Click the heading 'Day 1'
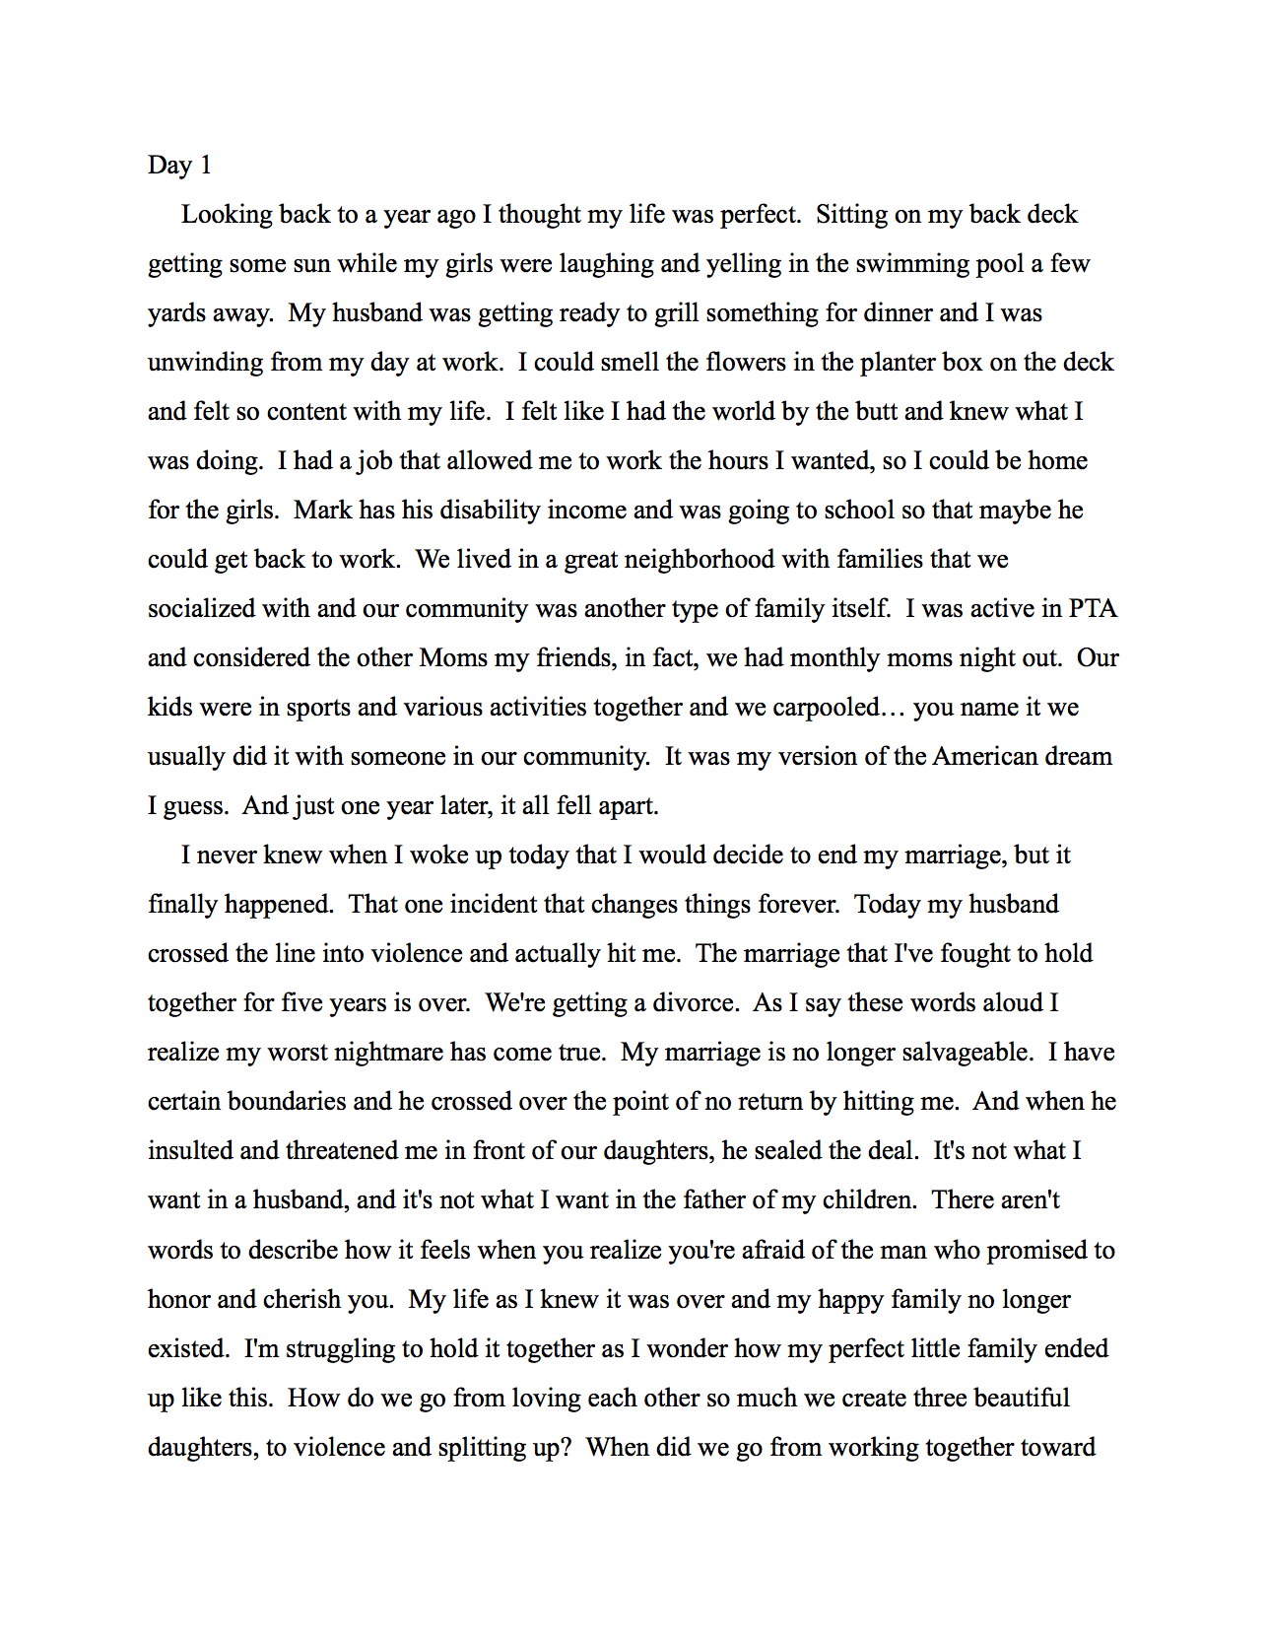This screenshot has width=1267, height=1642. click(179, 165)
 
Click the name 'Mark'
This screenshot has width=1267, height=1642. click(322, 511)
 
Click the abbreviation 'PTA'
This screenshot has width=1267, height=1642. click(1093, 609)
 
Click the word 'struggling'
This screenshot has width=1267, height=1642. click(340, 1349)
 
